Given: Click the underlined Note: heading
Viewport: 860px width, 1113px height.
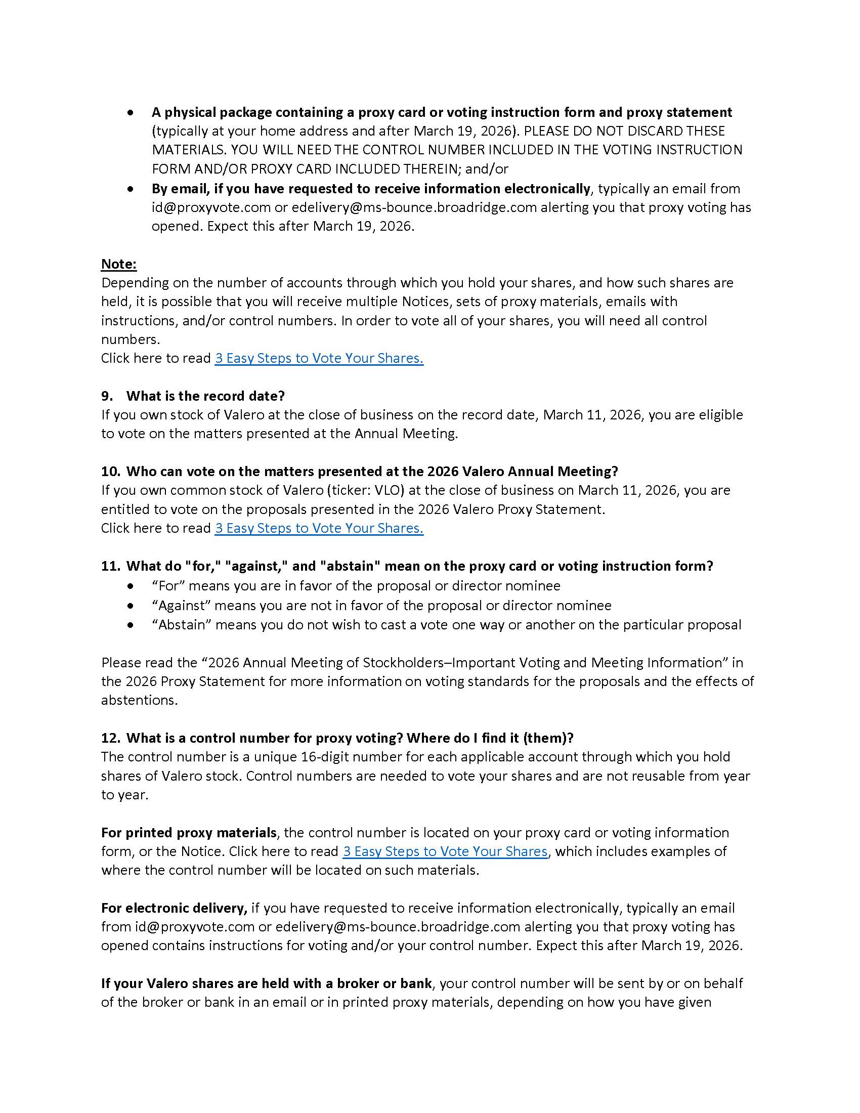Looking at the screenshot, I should (x=119, y=264).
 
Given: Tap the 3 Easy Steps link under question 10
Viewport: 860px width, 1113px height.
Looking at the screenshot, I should (x=319, y=528).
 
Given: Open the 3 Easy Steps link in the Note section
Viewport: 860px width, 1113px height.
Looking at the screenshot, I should (x=319, y=358).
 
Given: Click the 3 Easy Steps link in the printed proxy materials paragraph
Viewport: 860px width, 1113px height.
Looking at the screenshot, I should (x=445, y=851).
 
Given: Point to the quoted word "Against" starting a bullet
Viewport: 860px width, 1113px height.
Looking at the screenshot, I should (x=181, y=606).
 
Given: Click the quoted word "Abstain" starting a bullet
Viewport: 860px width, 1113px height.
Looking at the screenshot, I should (x=182, y=625).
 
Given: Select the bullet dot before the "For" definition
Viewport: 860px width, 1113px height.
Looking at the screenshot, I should (x=132, y=586).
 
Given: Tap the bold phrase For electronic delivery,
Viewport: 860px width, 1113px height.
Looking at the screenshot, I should (x=174, y=908).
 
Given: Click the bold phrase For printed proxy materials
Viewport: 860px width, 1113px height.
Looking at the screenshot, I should (x=189, y=833).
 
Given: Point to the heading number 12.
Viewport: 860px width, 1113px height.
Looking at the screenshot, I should (x=110, y=738).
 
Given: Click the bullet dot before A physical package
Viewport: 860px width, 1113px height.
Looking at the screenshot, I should (x=132, y=112).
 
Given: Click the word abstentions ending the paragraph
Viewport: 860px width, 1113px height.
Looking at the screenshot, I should (x=139, y=700).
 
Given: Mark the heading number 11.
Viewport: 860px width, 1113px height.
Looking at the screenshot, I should (x=110, y=566).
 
